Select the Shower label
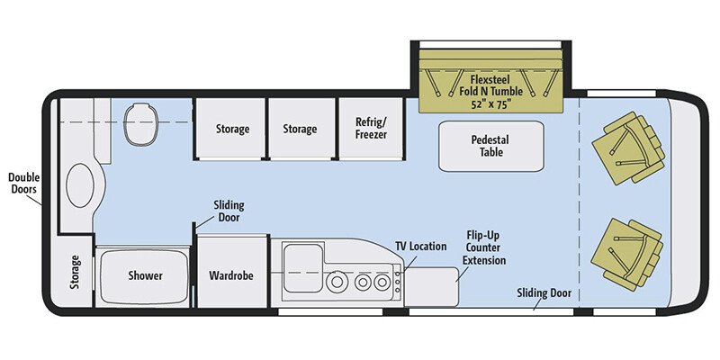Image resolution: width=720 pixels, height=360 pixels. tap(145, 275)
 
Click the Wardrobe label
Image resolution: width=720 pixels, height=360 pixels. tap(232, 275)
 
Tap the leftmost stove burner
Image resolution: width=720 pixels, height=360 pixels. tap(338, 282)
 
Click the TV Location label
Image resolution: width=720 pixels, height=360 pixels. tap(420, 246)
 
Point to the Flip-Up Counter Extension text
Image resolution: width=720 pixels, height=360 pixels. tap(485, 247)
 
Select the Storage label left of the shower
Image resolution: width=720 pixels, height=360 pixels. tap(75, 274)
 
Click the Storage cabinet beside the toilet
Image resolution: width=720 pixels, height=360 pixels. tap(232, 129)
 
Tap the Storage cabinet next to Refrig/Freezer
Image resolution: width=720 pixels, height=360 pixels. tap(300, 129)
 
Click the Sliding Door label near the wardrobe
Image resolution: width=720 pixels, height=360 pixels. tap(229, 211)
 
